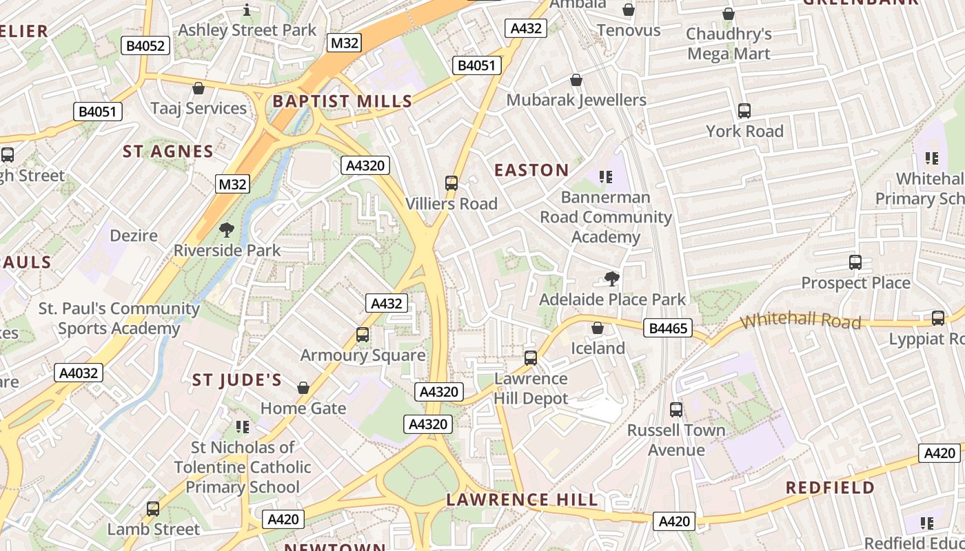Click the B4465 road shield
[668, 329]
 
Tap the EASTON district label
[531, 170]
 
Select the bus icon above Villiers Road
[451, 183]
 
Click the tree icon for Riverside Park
[226, 230]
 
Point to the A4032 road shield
[79, 373]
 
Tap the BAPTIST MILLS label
[342, 101]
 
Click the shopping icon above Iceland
[598, 328]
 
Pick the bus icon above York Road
[744, 111]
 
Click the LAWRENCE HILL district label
[522, 500]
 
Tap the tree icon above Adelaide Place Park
[611, 279]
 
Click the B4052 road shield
[146, 46]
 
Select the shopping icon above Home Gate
[303, 388]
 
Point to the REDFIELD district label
[830, 488]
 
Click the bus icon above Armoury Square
[363, 335]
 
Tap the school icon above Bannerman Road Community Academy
[606, 177]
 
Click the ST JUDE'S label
[236, 380]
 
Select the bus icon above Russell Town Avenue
[676, 410]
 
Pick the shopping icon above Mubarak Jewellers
[576, 81]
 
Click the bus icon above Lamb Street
[153, 509]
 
